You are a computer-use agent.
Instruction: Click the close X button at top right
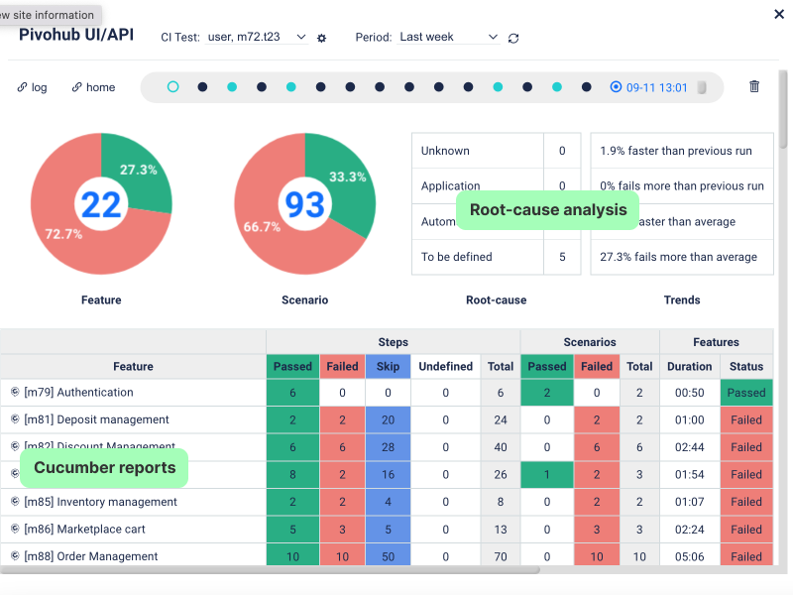(776, 14)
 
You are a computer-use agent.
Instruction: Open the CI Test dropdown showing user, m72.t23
(257, 37)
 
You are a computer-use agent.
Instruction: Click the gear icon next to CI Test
(321, 38)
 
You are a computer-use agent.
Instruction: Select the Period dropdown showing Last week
(448, 37)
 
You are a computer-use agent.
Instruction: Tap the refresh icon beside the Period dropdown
(513, 38)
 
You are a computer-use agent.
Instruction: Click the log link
(33, 87)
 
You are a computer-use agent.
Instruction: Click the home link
(93, 87)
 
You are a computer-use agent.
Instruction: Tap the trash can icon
(754, 86)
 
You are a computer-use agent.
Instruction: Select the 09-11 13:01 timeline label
(656, 87)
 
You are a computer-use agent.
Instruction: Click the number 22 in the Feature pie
(101, 204)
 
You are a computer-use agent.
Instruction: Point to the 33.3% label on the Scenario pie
(347, 177)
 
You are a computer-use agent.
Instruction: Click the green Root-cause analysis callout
(548, 210)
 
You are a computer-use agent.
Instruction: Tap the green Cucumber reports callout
(105, 467)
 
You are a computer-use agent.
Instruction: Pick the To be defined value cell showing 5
(562, 257)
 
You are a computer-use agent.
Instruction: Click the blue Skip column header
(388, 366)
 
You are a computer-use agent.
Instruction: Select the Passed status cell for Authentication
(745, 393)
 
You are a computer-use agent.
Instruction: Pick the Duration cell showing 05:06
(689, 556)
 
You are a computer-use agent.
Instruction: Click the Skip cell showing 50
(388, 556)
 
